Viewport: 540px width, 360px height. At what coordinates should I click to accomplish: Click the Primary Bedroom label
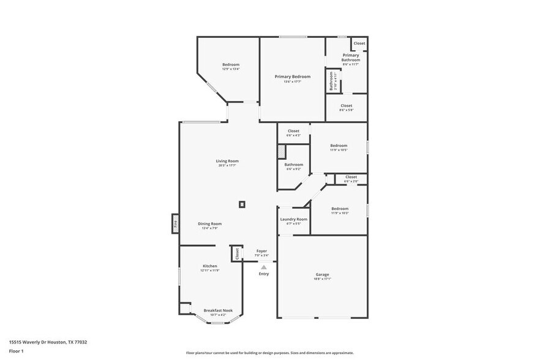coord(292,77)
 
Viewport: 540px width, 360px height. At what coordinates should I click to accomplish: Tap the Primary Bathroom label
coord(350,58)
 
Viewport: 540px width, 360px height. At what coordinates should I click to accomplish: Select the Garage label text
coord(322,275)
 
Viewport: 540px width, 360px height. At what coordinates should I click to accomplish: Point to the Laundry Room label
coord(293,219)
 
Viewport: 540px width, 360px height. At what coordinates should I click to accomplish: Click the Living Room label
coord(227,161)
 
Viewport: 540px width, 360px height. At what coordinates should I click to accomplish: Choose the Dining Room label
coord(209,224)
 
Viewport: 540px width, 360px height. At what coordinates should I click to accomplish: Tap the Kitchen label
coord(209,266)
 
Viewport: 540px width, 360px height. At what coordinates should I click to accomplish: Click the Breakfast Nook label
coord(218,311)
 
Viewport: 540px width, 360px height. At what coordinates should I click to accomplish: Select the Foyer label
coord(261,251)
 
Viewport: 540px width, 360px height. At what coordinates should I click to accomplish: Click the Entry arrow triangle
coord(263,267)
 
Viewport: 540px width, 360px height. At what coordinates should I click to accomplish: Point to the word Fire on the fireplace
coord(175,224)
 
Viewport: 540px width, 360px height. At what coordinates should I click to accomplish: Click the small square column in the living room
coord(242,204)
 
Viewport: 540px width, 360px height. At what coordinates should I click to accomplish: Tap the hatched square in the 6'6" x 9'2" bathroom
coord(281,151)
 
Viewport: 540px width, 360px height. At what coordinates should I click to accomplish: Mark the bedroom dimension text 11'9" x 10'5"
coord(339,149)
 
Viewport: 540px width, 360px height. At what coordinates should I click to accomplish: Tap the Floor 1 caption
coord(16,351)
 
